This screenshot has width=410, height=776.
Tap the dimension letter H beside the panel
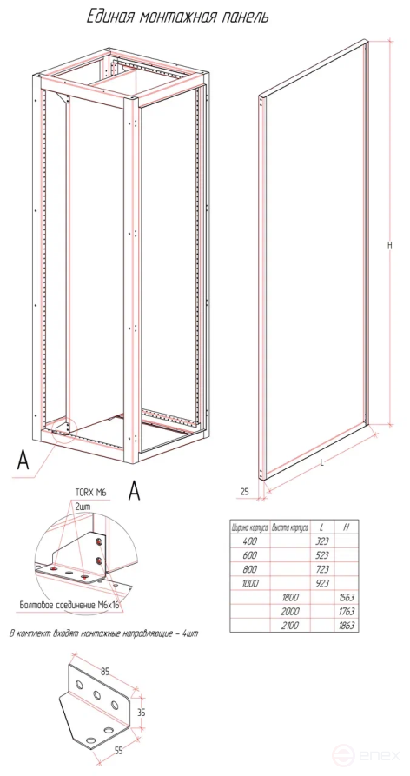click(x=390, y=246)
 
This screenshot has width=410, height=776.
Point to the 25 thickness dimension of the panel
click(x=244, y=492)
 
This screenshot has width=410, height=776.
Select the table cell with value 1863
click(x=347, y=625)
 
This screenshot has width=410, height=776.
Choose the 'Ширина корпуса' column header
click(x=247, y=527)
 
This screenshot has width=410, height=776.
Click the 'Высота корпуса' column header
click(x=290, y=527)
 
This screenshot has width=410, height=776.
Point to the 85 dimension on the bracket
click(x=104, y=672)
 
